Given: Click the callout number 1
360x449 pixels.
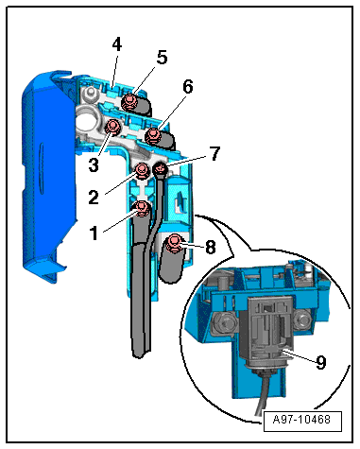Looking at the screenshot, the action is (x=94, y=233).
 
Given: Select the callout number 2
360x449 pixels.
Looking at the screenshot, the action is (x=94, y=198).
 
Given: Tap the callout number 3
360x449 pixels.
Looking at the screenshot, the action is (x=94, y=165).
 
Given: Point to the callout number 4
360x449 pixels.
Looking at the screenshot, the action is (x=117, y=44).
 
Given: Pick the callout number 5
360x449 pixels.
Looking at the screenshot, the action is (x=162, y=58).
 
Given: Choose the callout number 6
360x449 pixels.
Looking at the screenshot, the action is (x=188, y=86).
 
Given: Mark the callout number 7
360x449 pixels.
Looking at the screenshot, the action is (x=214, y=154).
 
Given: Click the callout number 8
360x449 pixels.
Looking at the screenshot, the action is (x=211, y=247).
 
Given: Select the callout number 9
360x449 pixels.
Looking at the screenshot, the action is (x=320, y=362).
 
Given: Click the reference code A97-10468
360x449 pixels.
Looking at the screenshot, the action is (x=301, y=420).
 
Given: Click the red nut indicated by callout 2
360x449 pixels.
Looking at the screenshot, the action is (x=142, y=170).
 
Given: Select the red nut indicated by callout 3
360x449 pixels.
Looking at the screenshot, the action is (x=112, y=128).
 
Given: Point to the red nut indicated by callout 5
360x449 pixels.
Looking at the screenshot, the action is (x=129, y=102).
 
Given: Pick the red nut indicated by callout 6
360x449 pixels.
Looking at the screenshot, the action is (x=153, y=136).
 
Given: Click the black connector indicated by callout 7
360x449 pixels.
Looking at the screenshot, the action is (x=160, y=169).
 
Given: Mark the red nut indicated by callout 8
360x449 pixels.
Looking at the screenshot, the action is (x=173, y=243).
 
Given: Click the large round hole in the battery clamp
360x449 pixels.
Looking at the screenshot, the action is (x=87, y=120).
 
